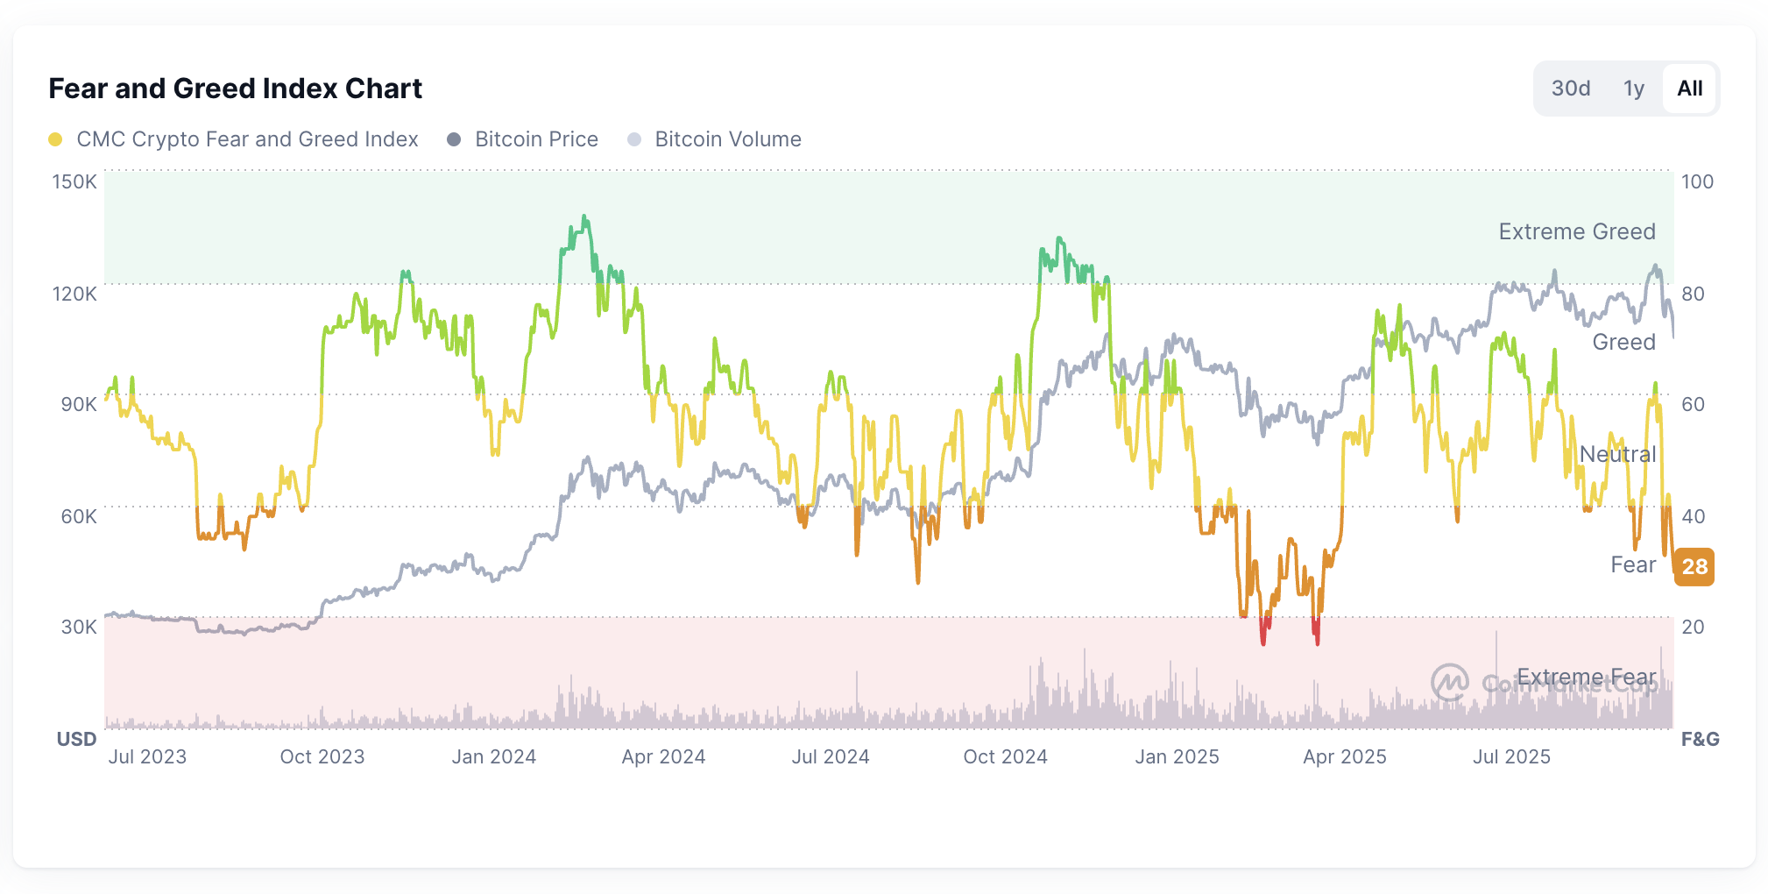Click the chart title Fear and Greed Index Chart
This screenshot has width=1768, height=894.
235,89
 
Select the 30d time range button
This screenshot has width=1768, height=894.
1570,89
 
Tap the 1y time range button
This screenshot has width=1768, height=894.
1633,89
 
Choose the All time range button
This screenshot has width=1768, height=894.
1689,89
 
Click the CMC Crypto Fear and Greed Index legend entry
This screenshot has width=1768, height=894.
247,139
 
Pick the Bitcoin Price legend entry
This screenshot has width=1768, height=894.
536,139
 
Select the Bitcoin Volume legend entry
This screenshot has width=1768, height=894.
727,139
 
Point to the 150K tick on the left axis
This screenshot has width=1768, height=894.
74,182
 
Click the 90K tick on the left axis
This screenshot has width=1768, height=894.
78,404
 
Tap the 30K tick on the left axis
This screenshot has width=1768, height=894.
79,627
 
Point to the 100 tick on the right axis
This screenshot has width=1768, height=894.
1697,182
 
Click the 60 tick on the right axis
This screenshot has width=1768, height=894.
1693,404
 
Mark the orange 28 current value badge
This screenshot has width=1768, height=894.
1694,567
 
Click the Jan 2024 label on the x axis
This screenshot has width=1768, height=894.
493,756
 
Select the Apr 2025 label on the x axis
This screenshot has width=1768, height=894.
1344,756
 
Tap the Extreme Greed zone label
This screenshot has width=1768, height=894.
1576,231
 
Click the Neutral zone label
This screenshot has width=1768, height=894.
1616,454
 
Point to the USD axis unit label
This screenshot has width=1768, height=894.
76,739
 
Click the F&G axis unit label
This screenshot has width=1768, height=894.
1700,739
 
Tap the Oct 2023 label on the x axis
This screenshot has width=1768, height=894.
322,756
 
